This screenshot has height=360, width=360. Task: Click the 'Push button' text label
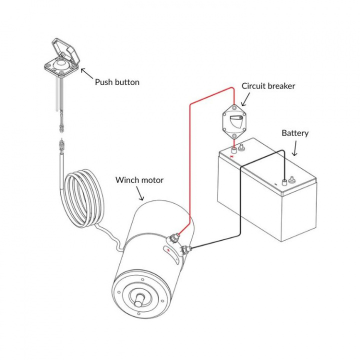(x=117, y=81)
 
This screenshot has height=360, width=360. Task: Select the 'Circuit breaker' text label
(x=268, y=86)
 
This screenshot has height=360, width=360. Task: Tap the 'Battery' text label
(x=295, y=133)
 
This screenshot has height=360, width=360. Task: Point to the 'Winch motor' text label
(x=139, y=180)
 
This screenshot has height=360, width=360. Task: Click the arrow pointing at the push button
(x=86, y=73)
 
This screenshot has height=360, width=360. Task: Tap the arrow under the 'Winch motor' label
(x=141, y=194)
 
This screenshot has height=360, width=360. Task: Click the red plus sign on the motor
(x=168, y=250)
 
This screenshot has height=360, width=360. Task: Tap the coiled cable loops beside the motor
(x=82, y=197)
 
